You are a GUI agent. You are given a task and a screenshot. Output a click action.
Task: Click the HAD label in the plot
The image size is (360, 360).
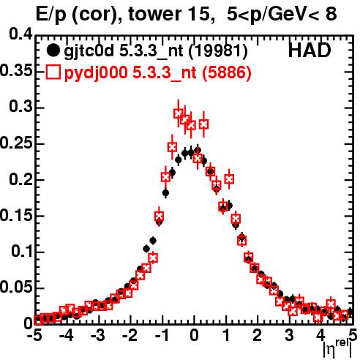click(x=310, y=50)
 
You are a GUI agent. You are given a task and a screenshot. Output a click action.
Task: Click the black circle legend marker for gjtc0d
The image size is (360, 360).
click(x=53, y=50)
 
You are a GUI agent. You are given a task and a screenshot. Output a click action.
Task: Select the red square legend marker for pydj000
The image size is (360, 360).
click(x=53, y=72)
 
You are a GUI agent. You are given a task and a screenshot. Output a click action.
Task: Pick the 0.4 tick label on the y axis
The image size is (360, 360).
click(x=20, y=34)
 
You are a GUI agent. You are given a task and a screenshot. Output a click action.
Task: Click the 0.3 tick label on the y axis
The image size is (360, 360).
click(x=20, y=107)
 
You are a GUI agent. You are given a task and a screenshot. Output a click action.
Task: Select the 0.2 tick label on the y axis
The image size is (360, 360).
click(x=20, y=179)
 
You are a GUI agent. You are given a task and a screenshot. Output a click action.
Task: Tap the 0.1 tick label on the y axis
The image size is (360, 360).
click(x=21, y=252)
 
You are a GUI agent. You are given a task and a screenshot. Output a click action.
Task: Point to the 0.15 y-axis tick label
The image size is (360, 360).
click(x=16, y=215)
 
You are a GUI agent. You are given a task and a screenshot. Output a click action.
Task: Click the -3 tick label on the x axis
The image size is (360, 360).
click(x=98, y=336)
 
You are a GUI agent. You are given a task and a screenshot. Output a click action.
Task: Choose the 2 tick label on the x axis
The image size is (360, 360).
click(x=258, y=336)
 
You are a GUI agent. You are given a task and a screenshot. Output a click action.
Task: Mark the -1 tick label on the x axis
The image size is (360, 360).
click(x=162, y=336)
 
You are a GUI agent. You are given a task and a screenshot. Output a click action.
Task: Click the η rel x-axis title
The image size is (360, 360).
click(x=337, y=349)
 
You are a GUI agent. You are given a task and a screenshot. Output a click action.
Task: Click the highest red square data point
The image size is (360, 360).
click(x=179, y=113)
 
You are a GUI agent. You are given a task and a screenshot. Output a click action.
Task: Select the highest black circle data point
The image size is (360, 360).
click(x=198, y=150)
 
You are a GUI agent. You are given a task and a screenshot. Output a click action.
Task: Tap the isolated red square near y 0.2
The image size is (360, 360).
click(x=229, y=179)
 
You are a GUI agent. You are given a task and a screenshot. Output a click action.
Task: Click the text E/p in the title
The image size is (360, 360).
click(x=50, y=15)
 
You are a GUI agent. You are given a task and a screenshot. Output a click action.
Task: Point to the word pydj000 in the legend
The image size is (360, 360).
click(x=96, y=73)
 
